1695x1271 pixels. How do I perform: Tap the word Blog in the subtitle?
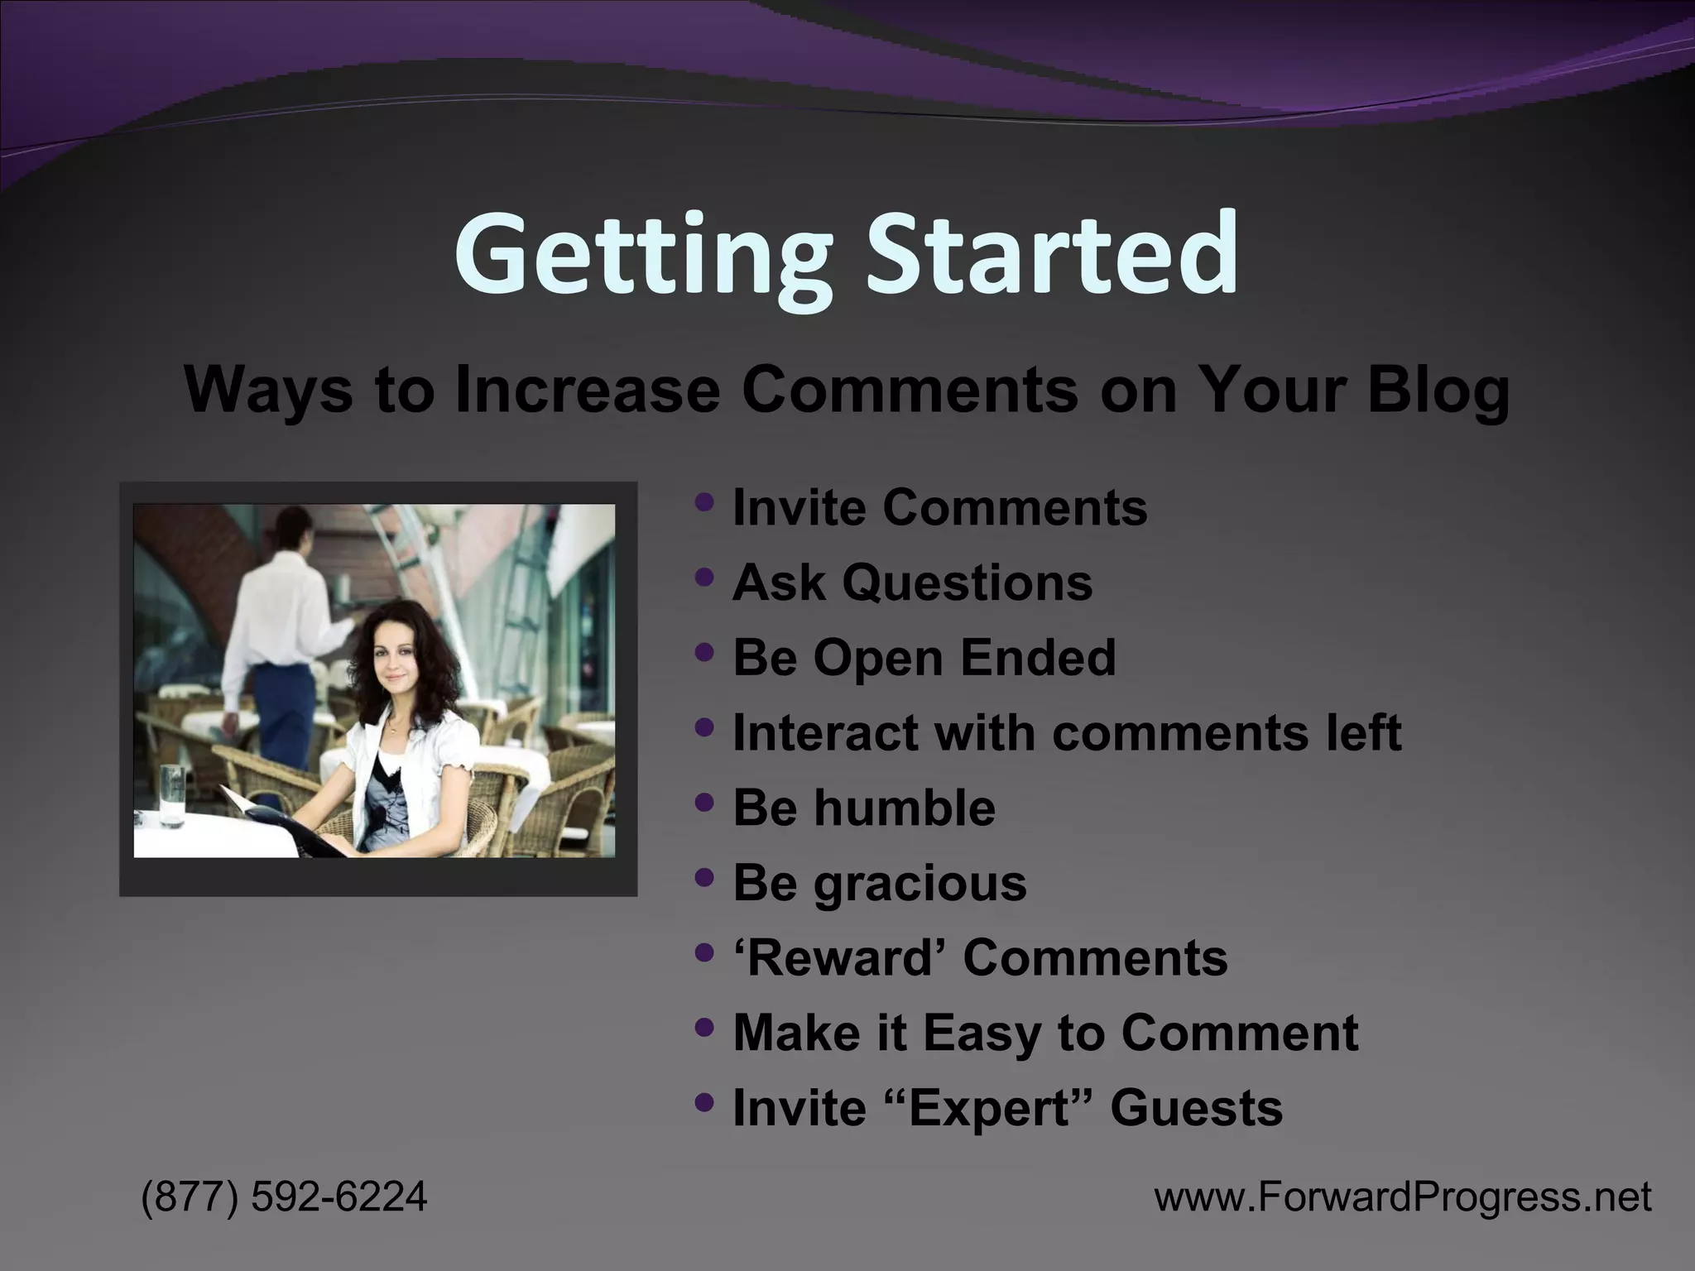tap(1438, 389)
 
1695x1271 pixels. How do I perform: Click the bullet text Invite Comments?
tap(939, 507)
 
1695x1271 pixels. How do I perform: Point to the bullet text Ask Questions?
tap(912, 583)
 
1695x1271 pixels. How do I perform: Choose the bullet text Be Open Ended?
tap(924, 658)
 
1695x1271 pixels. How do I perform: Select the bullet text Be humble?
tap(863, 808)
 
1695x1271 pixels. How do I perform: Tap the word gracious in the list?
tap(920, 883)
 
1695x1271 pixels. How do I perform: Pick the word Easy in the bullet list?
tap(982, 1033)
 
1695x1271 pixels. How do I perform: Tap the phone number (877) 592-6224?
tap(284, 1197)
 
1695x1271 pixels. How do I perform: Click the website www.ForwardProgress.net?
tap(1402, 1197)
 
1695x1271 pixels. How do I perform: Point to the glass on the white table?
tap(173, 794)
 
